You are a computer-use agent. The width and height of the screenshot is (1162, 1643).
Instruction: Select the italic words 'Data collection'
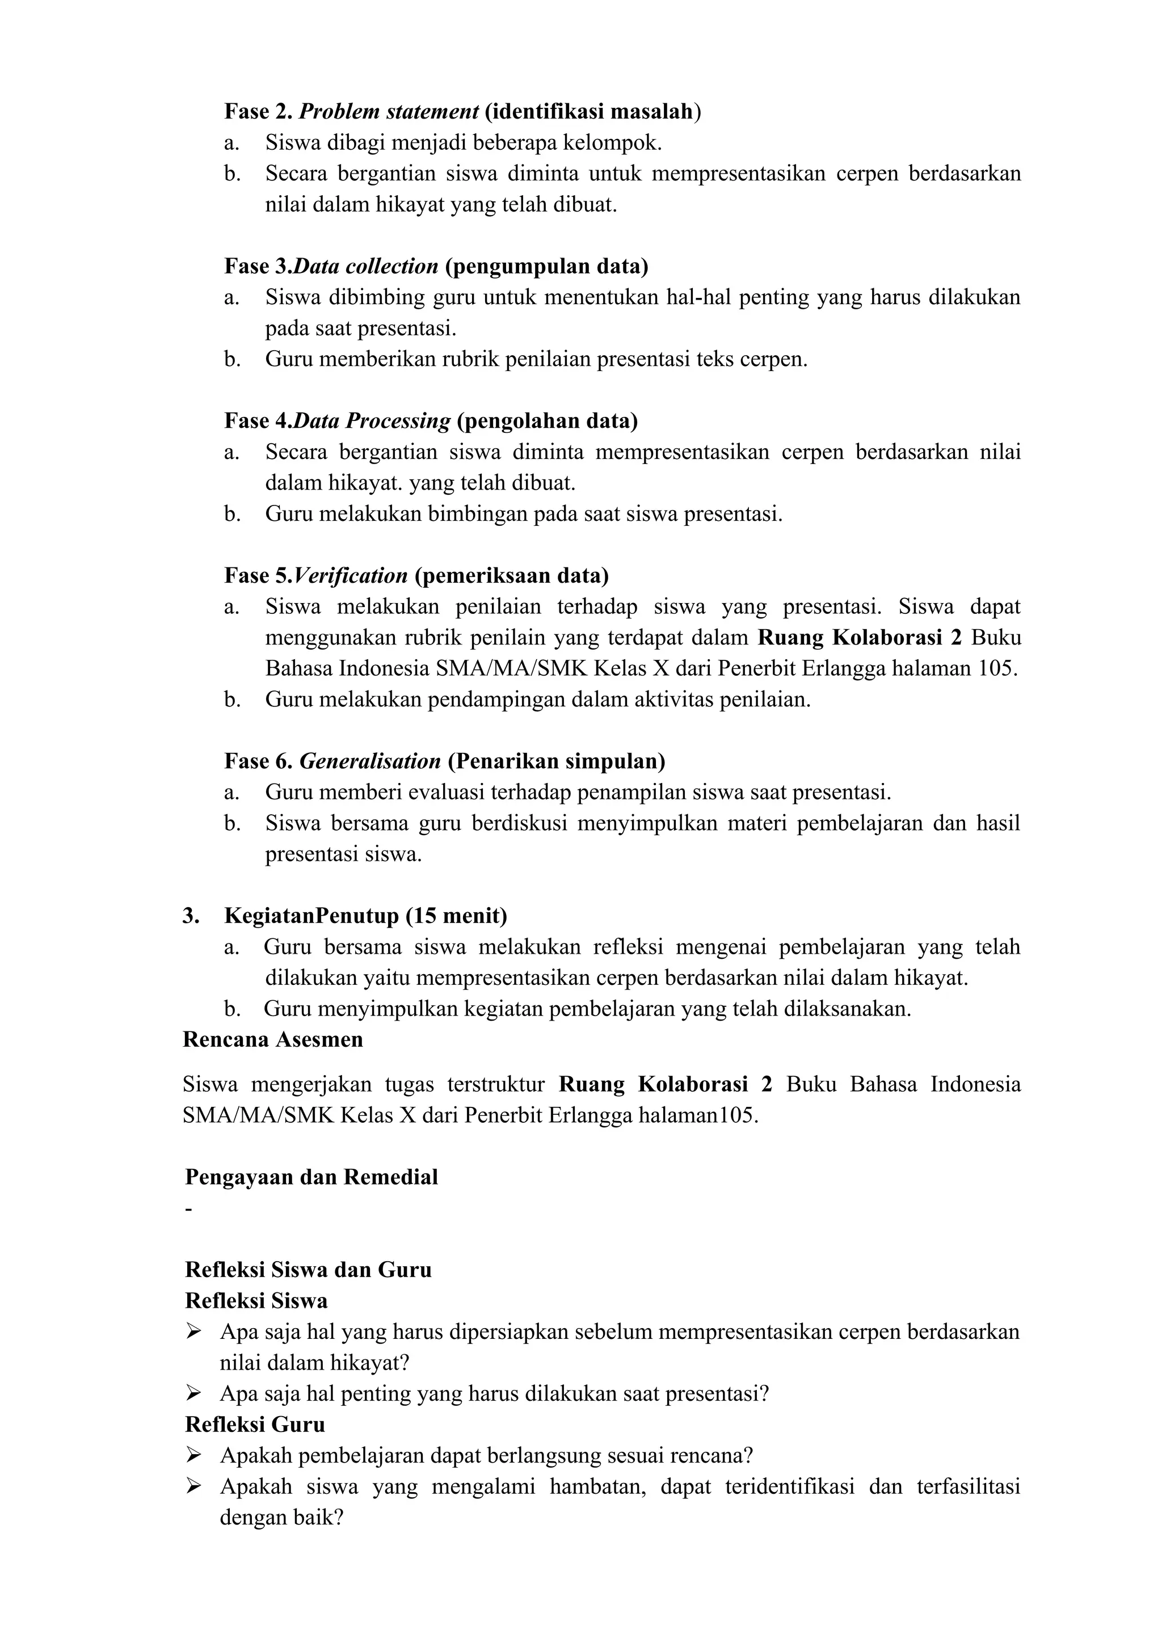pos(365,266)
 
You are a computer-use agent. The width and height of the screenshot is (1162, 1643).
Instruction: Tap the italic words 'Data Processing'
pos(372,421)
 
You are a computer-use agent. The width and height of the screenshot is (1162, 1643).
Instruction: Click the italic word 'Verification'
pos(351,575)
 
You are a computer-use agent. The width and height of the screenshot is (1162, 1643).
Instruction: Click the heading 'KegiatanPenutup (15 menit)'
pos(365,915)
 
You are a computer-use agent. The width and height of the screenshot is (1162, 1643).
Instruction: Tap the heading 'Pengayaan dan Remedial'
pos(311,1177)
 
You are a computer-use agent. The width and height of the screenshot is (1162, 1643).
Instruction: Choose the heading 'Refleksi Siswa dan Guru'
pos(308,1270)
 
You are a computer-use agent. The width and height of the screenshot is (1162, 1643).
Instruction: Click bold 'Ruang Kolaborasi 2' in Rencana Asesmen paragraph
pos(665,1084)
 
